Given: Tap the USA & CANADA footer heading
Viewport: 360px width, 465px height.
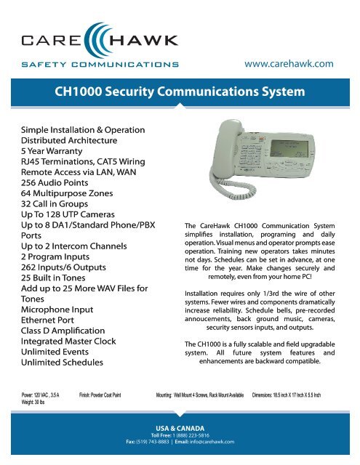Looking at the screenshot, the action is [x=180, y=428].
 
